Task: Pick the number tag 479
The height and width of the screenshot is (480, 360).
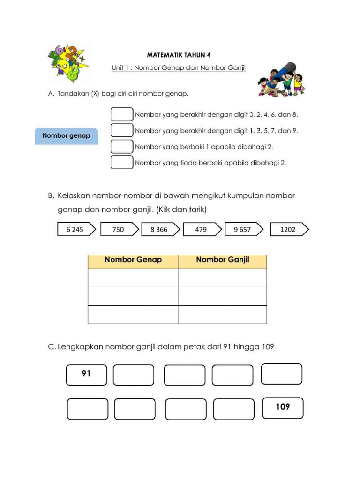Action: [200, 229]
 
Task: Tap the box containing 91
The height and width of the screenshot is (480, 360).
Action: [87, 375]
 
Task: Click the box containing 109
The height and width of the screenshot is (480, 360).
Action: [283, 407]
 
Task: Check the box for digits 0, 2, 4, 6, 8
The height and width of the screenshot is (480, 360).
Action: [122, 114]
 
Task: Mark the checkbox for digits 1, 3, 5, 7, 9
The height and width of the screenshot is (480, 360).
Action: [122, 131]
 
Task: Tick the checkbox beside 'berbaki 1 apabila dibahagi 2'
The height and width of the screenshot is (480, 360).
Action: [122, 146]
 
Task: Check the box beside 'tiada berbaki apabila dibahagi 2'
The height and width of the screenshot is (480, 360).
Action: [122, 163]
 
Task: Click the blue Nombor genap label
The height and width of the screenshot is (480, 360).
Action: [66, 136]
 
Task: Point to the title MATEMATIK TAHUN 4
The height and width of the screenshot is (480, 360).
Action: [179, 55]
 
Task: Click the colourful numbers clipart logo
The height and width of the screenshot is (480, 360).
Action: [68, 63]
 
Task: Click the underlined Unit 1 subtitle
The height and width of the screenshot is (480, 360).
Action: [179, 68]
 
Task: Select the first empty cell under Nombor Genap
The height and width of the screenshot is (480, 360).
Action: [133, 277]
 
